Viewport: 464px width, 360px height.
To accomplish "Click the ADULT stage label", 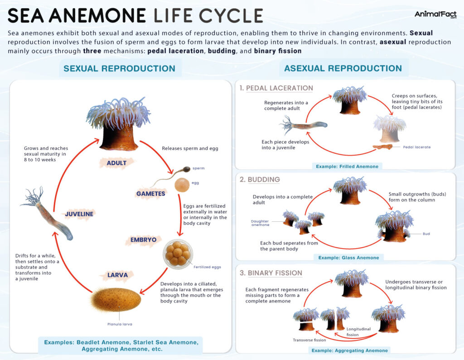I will coord(116,163).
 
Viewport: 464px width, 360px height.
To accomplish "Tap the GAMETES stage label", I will coord(150,193).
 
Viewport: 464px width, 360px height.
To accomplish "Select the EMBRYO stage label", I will coord(143,239).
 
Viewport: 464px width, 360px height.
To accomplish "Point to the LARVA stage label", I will coord(117,274).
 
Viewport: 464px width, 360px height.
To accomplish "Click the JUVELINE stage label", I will coord(79,214).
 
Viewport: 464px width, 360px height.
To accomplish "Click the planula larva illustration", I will coord(116,299).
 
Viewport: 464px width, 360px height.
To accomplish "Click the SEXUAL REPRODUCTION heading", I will coord(119,69).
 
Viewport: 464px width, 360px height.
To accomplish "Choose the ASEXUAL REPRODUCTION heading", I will coord(343,69).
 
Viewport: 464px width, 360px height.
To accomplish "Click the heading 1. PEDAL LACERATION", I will coord(276,88).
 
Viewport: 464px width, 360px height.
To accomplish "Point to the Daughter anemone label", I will coord(260,223).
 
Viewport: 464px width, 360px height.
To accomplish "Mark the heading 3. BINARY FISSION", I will coord(271,273).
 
